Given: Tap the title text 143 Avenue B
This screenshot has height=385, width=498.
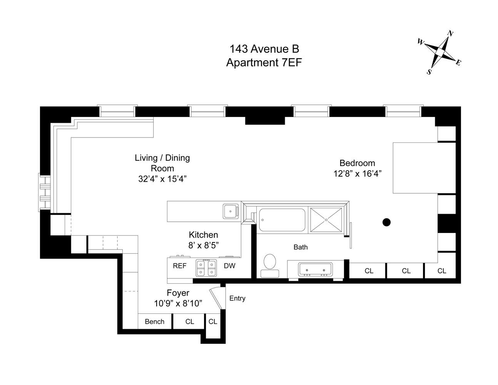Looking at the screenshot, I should coord(264,49).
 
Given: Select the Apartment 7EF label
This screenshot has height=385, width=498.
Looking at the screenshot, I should coord(264,62).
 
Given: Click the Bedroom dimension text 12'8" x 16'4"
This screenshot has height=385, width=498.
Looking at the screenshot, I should coord(357,174).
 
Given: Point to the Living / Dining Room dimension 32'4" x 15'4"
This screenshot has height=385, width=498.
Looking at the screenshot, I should coord(162,179).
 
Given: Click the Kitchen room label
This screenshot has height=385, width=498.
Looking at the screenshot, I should coord(203,235).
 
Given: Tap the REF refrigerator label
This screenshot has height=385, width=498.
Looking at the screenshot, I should coord(179,266).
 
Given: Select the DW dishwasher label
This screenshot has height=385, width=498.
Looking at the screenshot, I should coord(229,266).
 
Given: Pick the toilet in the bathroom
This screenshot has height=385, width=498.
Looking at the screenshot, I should coord(270,264).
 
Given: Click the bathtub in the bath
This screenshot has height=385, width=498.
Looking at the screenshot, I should coord(282,220).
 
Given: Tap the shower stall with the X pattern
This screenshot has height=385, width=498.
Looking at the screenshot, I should coord(326,220).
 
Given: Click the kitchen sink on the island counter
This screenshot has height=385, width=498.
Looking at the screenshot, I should coord(231,211).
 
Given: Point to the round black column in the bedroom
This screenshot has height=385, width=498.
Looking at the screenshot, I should coord(386,222).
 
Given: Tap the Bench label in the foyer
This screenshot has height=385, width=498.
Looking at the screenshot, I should coord(155,321).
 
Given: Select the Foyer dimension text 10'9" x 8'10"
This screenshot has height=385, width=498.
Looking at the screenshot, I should coord(178,303).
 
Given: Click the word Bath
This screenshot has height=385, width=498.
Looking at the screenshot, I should coord(301,247).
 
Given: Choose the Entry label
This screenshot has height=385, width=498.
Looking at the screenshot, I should coord(237,298).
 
